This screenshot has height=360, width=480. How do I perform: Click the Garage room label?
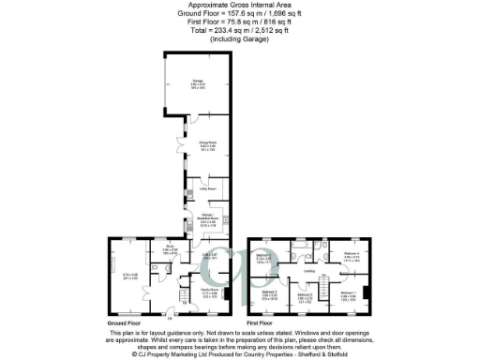tap(199, 82)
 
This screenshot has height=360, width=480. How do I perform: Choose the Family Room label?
tap(208, 292)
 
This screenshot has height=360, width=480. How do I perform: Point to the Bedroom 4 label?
tap(352, 254)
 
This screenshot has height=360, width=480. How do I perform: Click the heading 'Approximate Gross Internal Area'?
tap(239, 5)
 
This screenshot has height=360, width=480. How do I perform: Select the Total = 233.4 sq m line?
tap(239, 28)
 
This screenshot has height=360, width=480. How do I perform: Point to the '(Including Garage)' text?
tap(239, 36)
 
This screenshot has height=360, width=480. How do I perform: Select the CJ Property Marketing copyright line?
tap(239, 355)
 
